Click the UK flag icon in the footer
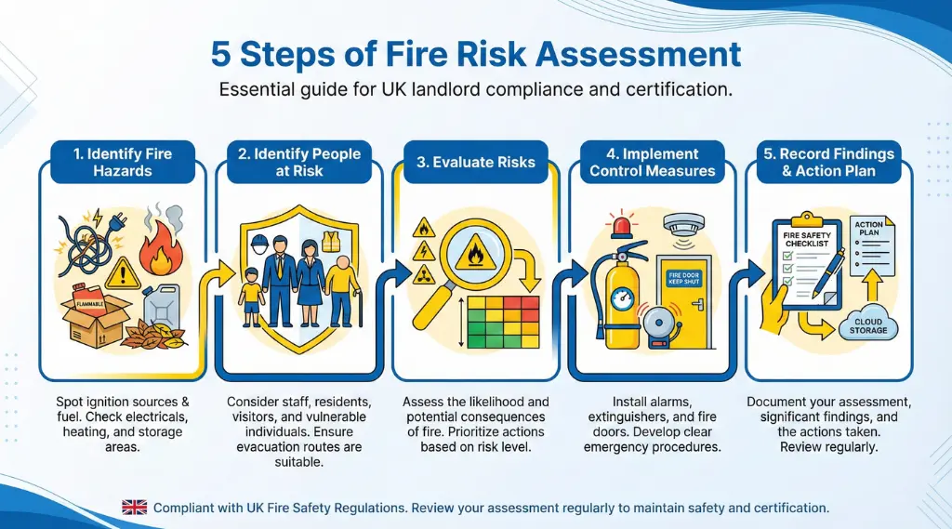coord(135,507)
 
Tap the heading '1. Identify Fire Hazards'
coord(123,162)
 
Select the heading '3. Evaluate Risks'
coord(475,162)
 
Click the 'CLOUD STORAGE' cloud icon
coord(869,326)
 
